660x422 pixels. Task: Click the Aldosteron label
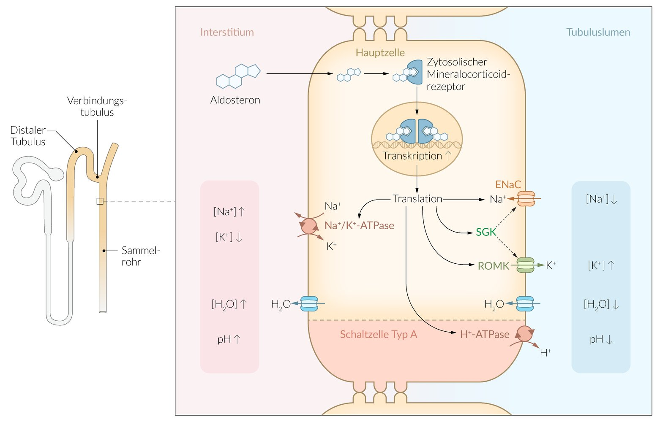click(235, 100)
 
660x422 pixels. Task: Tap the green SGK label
click(486, 232)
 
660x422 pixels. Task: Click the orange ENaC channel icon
click(526, 198)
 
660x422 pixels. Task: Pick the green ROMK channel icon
click(526, 265)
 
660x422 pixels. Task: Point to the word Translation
click(417, 199)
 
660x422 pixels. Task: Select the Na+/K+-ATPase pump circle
click(309, 226)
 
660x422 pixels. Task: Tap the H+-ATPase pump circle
click(525, 334)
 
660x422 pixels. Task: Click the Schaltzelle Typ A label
click(378, 335)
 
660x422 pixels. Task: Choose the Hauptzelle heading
click(380, 53)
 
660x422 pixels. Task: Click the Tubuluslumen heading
click(598, 32)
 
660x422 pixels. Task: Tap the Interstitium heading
click(227, 32)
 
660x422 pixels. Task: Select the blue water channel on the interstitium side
click(309, 303)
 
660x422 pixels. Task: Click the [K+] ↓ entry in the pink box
click(229, 237)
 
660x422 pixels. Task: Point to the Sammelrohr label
click(140, 256)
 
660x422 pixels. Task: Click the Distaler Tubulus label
click(28, 136)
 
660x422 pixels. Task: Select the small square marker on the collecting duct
click(100, 201)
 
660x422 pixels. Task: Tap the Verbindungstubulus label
click(97, 106)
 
